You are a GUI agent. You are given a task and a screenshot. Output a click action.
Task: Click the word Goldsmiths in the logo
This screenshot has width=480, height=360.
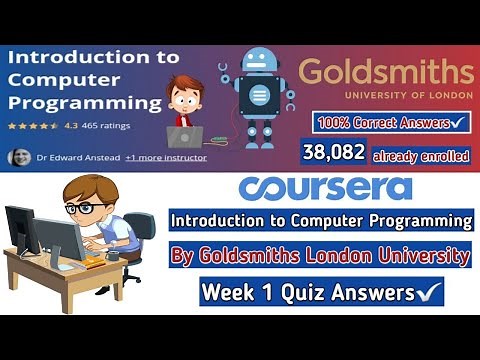point(386,73)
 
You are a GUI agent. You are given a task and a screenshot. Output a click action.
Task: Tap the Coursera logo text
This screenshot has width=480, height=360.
point(326,189)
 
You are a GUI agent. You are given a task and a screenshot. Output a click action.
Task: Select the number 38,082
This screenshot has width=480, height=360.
point(333,154)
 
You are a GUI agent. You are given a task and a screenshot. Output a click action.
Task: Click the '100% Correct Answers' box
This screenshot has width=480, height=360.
point(390,123)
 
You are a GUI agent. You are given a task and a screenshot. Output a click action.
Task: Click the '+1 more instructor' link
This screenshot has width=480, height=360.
point(169,157)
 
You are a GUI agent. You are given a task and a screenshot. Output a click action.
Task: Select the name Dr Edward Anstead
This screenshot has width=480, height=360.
point(79,157)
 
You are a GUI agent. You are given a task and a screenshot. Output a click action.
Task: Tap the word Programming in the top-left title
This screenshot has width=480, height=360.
point(86,102)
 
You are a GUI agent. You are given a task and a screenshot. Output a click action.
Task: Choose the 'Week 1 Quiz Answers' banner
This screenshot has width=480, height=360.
point(321,293)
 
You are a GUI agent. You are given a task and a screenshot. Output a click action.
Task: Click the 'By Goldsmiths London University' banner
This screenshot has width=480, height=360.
point(321,256)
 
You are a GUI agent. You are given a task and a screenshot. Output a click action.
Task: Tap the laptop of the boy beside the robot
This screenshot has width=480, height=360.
point(185,137)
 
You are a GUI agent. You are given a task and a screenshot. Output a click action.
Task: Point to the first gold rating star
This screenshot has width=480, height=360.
point(12,127)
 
